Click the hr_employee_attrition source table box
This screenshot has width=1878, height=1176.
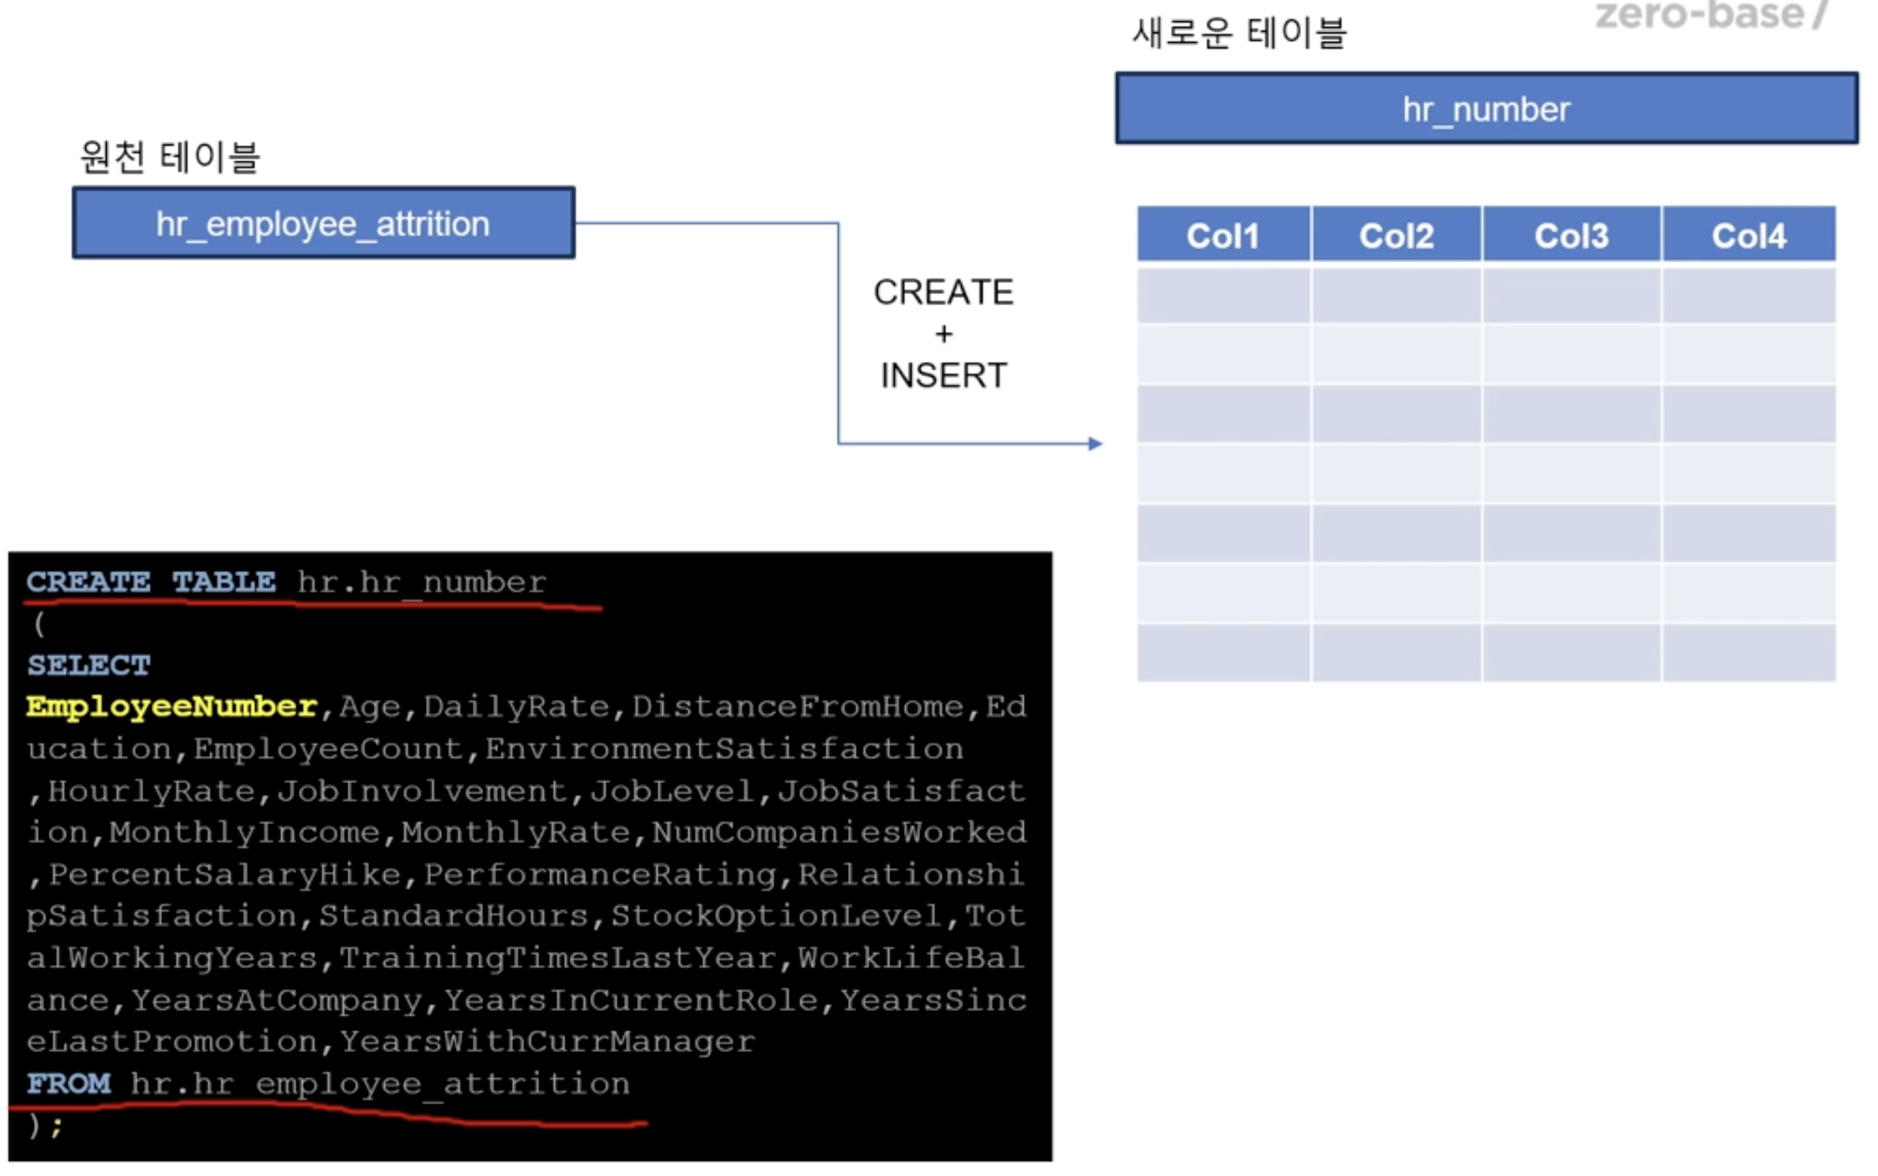pos(323,223)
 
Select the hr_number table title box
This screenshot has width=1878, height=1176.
pos(1486,108)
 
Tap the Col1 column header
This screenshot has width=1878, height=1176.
pos(1223,234)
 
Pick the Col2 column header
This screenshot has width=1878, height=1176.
pos(1397,234)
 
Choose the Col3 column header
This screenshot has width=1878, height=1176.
pos(1571,234)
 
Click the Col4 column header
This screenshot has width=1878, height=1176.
pos(1748,234)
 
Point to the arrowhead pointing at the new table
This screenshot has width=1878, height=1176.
pos(1095,443)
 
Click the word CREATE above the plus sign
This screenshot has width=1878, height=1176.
pos(943,292)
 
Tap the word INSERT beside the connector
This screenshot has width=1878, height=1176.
pos(944,375)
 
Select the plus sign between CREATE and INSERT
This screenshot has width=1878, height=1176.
pos(944,334)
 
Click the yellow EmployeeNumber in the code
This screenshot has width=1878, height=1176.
pos(172,706)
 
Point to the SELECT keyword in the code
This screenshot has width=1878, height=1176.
pos(89,665)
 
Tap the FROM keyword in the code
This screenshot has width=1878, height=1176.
pos(69,1083)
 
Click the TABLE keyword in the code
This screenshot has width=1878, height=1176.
pos(224,582)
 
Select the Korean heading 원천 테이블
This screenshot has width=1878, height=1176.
pos(170,156)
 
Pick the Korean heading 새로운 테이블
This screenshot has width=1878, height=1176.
pos(1239,33)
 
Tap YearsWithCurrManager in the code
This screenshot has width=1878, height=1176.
pos(547,1041)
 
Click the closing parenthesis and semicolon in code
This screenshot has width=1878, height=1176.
pos(46,1125)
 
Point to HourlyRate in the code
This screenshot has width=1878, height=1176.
pos(151,790)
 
